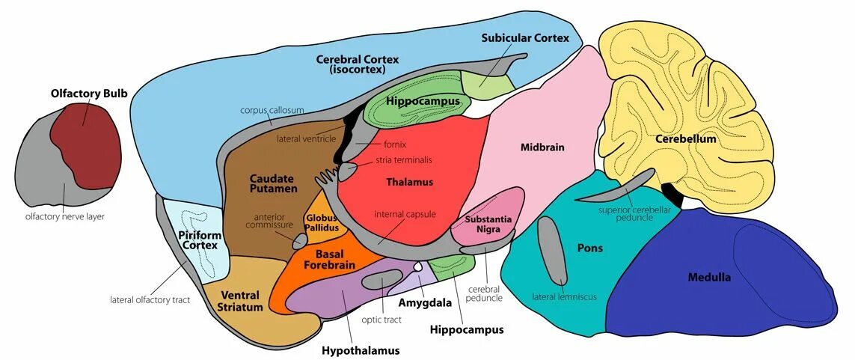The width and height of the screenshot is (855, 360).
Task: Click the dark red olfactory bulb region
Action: click(x=86, y=146)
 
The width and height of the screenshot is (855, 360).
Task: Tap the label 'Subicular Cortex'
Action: click(x=525, y=37)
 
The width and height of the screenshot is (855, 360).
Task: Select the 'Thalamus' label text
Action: click(x=409, y=182)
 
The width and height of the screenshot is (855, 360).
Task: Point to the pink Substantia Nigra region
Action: click(x=488, y=225)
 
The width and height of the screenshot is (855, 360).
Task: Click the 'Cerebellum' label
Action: click(x=685, y=139)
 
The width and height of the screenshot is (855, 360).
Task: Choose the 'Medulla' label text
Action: click(x=709, y=278)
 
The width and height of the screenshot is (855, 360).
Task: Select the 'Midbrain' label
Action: click(x=542, y=147)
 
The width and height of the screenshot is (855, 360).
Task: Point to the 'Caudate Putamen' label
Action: click(x=273, y=184)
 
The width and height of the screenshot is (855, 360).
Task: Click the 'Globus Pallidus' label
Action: click(x=322, y=222)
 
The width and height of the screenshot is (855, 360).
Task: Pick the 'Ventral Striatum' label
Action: click(x=240, y=301)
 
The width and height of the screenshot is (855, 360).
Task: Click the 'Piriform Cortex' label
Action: click(x=199, y=240)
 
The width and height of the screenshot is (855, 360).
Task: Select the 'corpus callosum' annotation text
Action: click(x=272, y=110)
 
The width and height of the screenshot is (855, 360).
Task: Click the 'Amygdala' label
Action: click(x=425, y=303)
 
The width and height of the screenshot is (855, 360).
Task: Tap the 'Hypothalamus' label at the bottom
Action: click(x=361, y=350)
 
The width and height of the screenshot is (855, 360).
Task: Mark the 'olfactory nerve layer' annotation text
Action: click(x=64, y=216)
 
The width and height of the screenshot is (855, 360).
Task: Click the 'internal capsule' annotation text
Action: click(x=405, y=215)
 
